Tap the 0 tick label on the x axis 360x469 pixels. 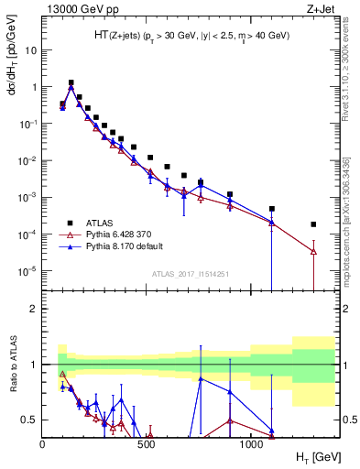tap(43, 445)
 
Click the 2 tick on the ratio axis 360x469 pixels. tap(35, 309)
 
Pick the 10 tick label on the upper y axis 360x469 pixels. tap(29, 50)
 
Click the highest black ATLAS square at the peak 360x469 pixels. tap(71, 82)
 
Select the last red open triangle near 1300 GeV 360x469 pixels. tap(313, 251)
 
